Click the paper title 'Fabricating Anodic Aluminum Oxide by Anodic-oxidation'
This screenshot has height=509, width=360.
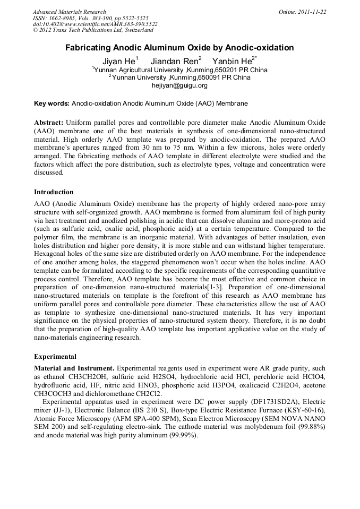tap(179, 48)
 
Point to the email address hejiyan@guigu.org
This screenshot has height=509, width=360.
tap(179, 85)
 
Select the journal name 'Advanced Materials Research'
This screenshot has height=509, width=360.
tap(69, 12)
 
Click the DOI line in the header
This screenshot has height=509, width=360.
tap(95, 24)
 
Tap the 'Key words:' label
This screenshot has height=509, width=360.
tap(52, 103)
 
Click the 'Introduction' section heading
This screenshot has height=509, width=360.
tap(54, 192)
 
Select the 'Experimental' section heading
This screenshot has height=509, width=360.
tap(55, 357)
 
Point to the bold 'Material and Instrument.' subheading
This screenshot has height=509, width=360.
tap(74, 368)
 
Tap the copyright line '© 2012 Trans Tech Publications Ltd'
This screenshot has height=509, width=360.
tap(82, 31)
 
